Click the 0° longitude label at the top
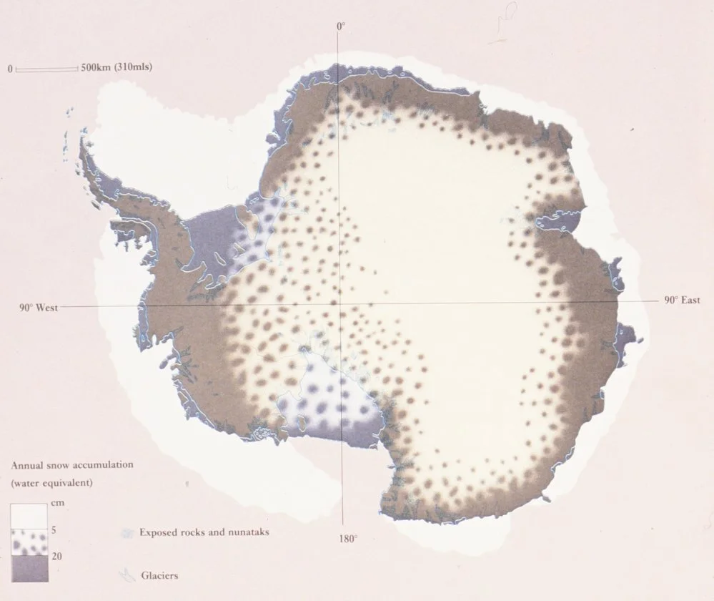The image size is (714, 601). [340, 26]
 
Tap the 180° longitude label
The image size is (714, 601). [347, 537]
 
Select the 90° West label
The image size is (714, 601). [38, 308]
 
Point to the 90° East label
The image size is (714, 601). [682, 301]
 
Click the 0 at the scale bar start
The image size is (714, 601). [10, 69]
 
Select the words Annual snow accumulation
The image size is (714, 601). [72, 465]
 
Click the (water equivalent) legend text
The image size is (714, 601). [51, 483]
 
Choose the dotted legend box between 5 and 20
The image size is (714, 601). [29, 542]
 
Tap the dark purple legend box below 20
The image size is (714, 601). [29, 568]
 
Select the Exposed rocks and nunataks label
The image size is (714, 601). [204, 532]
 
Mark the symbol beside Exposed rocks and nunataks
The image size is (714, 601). [127, 533]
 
